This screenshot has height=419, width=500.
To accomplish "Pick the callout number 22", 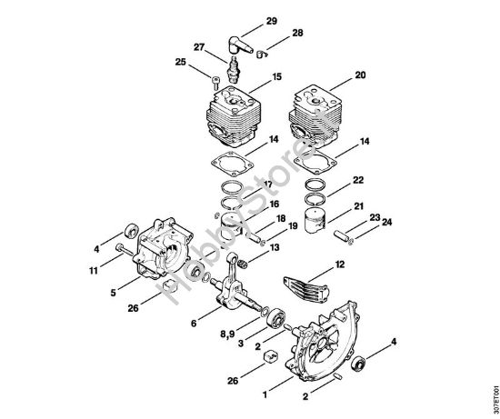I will click(358, 181).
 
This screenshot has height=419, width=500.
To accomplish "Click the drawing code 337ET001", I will click(492, 393).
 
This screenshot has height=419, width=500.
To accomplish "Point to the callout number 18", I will click(281, 219).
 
